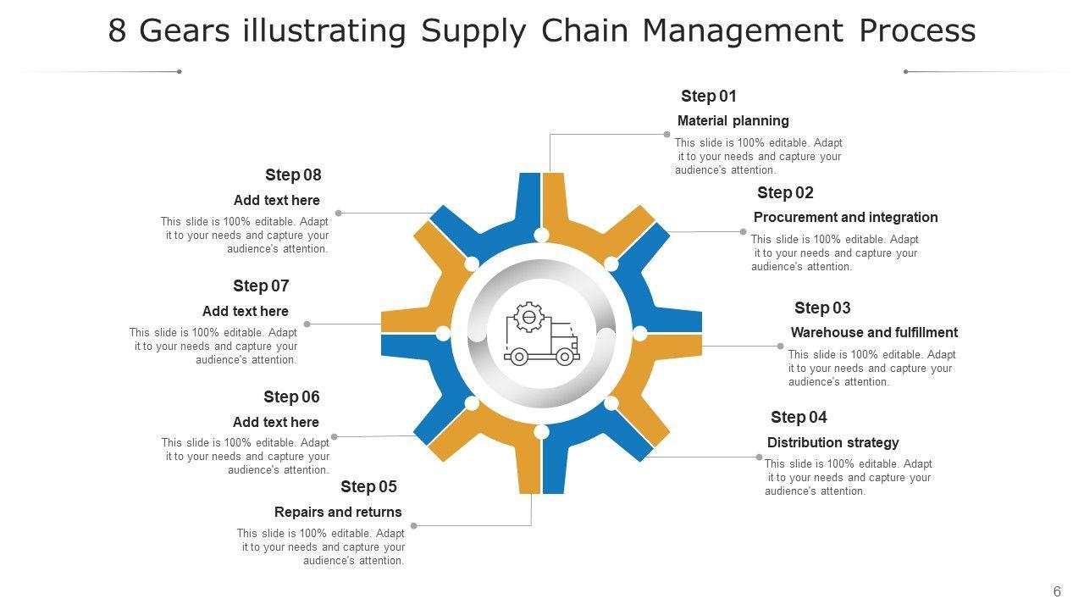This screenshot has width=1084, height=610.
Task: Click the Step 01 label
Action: point(708,97)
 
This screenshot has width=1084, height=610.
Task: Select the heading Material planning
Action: point(733,121)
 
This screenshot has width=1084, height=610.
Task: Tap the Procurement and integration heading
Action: point(845,218)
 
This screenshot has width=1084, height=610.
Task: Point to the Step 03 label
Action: point(822,308)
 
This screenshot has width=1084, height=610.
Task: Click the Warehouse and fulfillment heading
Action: point(874,333)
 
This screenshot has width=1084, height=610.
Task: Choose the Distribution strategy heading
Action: point(832,443)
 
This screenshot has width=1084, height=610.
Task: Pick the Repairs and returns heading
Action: point(338,513)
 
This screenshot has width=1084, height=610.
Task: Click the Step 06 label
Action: point(291,397)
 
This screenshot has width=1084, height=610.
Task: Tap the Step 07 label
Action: point(261,286)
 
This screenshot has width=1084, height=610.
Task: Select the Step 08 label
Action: point(293,175)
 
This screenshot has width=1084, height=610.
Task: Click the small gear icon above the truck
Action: point(528,317)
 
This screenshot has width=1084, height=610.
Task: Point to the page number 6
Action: point(1057,592)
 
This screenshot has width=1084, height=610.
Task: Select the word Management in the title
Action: point(742,31)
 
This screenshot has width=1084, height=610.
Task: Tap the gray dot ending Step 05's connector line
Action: point(414,526)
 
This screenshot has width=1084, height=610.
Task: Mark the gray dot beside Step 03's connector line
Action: point(781,347)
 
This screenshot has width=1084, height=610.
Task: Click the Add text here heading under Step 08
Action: point(276,201)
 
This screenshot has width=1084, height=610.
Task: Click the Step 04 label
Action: point(799,418)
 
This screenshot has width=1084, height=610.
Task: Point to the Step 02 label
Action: point(785,193)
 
